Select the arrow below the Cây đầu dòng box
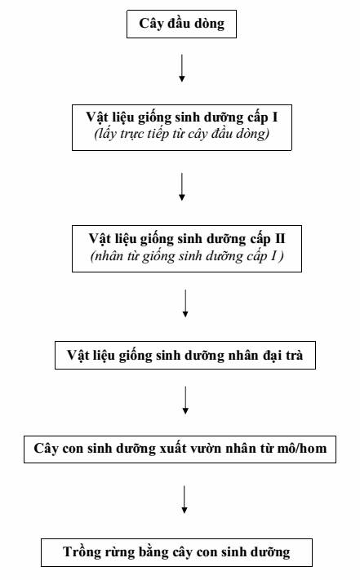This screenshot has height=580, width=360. (182, 68)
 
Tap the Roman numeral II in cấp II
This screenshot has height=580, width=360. (280, 238)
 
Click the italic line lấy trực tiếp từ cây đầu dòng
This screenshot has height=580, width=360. (182, 134)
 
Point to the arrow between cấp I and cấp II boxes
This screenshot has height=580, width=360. (182, 187)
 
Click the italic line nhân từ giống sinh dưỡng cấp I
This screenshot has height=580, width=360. (187, 256)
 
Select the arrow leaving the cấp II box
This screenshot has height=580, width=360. (185, 303)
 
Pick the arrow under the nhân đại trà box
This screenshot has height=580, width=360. (185, 401)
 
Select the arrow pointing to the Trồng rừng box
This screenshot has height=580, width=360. (184, 499)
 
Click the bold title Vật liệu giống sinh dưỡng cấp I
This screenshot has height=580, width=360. (182, 117)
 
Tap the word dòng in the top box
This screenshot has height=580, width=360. (210, 24)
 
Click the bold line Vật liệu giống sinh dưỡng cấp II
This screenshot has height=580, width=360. (187, 239)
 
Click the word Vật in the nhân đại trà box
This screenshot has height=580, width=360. (78, 356)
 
